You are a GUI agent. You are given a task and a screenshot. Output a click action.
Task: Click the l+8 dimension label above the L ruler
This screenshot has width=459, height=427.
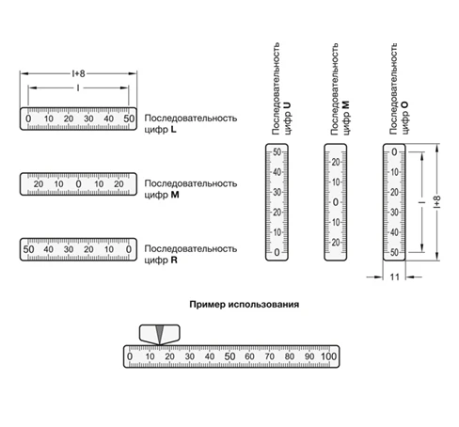[x=78, y=73]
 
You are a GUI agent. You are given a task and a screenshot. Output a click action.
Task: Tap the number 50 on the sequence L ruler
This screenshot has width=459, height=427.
[x=129, y=119]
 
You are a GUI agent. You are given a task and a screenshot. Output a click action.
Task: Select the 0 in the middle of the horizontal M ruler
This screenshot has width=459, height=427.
[x=78, y=184]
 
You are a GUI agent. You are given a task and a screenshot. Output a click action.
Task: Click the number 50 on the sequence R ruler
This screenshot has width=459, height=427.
[x=28, y=249]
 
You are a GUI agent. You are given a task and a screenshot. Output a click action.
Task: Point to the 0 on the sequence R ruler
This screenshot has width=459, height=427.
[x=129, y=249]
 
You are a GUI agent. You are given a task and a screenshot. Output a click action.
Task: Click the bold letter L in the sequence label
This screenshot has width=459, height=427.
[x=173, y=130]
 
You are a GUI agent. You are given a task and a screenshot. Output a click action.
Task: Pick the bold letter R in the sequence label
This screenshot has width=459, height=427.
[x=174, y=261]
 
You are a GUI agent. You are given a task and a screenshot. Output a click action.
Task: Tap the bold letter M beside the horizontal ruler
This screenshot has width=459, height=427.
[x=175, y=195]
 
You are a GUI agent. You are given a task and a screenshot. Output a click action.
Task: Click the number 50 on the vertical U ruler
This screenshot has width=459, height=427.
[x=277, y=152]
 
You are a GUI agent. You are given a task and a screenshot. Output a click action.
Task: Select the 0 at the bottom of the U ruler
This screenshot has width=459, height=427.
[x=277, y=252]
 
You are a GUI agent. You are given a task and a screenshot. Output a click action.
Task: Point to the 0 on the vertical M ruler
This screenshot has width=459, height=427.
[x=336, y=202]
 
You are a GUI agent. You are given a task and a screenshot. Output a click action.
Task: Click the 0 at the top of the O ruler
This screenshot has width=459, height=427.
[x=394, y=152]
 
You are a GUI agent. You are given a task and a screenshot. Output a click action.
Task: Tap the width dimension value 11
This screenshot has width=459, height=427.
[x=394, y=277]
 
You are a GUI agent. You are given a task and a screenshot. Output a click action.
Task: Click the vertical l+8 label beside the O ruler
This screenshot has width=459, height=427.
[x=437, y=202]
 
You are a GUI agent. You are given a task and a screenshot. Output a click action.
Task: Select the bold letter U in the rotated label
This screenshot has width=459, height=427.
[x=287, y=105]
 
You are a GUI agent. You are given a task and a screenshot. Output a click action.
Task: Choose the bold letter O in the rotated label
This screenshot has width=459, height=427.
[x=404, y=105]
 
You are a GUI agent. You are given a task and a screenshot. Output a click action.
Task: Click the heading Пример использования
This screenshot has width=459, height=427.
[x=245, y=305]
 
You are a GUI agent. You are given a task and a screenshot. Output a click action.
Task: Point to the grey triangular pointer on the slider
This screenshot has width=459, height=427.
[x=160, y=334]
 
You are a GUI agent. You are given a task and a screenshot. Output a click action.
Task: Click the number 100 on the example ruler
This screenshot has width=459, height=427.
[x=328, y=356]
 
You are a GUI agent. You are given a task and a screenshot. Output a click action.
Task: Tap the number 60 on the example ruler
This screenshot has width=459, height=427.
[x=249, y=356]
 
